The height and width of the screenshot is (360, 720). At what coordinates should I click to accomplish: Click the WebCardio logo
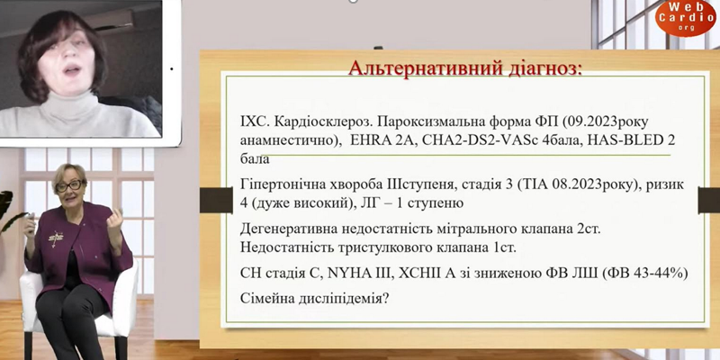click(x=685, y=17)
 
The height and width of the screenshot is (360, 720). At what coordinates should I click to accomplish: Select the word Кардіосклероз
click(x=320, y=123)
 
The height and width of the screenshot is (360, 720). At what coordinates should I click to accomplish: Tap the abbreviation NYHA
click(x=345, y=273)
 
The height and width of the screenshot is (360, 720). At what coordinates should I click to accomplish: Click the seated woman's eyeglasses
click(x=70, y=186)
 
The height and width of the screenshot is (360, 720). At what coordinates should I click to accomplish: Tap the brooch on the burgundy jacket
click(x=56, y=238)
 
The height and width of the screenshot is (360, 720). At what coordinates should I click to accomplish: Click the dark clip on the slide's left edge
click(x=216, y=200)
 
